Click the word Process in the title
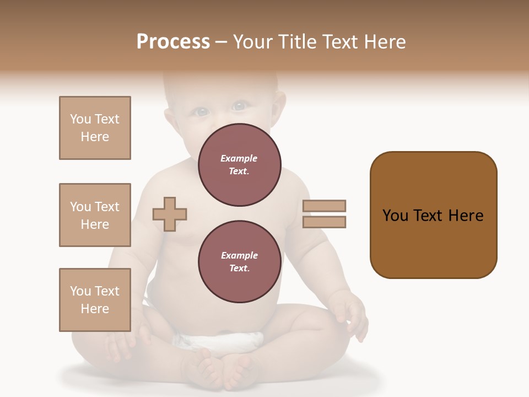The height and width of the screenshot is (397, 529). pyautogui.click(x=173, y=42)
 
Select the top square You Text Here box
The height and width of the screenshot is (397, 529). pyautogui.click(x=95, y=128)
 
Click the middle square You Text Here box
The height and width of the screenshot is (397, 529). pyautogui.click(x=95, y=215)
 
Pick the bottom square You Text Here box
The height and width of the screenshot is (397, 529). pyautogui.click(x=95, y=300)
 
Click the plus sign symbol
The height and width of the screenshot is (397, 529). pyautogui.click(x=170, y=213)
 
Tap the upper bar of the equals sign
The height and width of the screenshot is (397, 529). pyautogui.click(x=325, y=206)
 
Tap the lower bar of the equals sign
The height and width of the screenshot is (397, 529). pyautogui.click(x=325, y=222)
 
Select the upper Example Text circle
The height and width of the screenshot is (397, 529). pyautogui.click(x=240, y=164)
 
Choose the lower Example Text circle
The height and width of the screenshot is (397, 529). pyautogui.click(x=240, y=261)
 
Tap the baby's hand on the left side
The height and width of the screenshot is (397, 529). pyautogui.click(x=118, y=342)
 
